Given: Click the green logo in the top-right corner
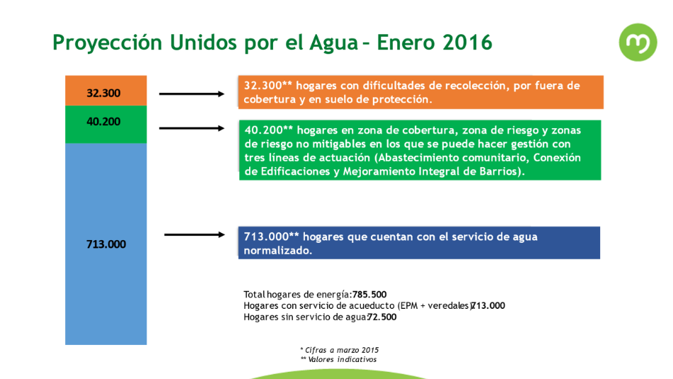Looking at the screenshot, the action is (x=638, y=42).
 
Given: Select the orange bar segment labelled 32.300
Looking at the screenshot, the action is (x=106, y=91).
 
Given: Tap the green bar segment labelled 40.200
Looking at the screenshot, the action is (x=106, y=124).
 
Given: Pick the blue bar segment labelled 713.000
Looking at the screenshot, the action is (x=106, y=244).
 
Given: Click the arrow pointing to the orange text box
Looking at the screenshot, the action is (x=192, y=94).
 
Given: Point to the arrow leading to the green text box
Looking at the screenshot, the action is (x=192, y=128).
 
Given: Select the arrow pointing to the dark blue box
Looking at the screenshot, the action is (x=195, y=234).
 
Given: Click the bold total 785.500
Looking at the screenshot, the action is (x=369, y=295).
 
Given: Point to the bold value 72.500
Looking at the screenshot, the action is (x=382, y=317).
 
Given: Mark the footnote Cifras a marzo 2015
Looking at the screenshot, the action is (x=340, y=350).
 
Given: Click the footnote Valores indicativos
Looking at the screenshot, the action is (x=339, y=359).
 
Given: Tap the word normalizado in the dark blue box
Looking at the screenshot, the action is (x=277, y=250).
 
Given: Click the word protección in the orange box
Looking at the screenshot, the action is (x=402, y=100).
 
